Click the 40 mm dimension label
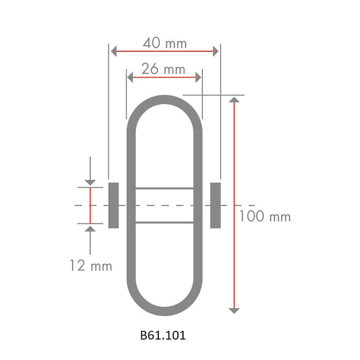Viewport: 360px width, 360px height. [x=165, y=43]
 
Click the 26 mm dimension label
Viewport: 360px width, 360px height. [x=163, y=69]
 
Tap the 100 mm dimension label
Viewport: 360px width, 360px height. [x=265, y=216]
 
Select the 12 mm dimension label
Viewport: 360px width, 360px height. [x=91, y=266]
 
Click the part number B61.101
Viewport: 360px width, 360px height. [x=163, y=336]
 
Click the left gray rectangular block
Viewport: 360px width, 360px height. [x=114, y=205]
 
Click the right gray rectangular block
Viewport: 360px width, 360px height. [x=215, y=205]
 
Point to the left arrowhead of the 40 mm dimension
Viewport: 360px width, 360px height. [x=114, y=51]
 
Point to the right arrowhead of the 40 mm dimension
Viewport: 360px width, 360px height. [x=215, y=51]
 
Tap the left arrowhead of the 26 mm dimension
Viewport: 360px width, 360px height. [x=130, y=77]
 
